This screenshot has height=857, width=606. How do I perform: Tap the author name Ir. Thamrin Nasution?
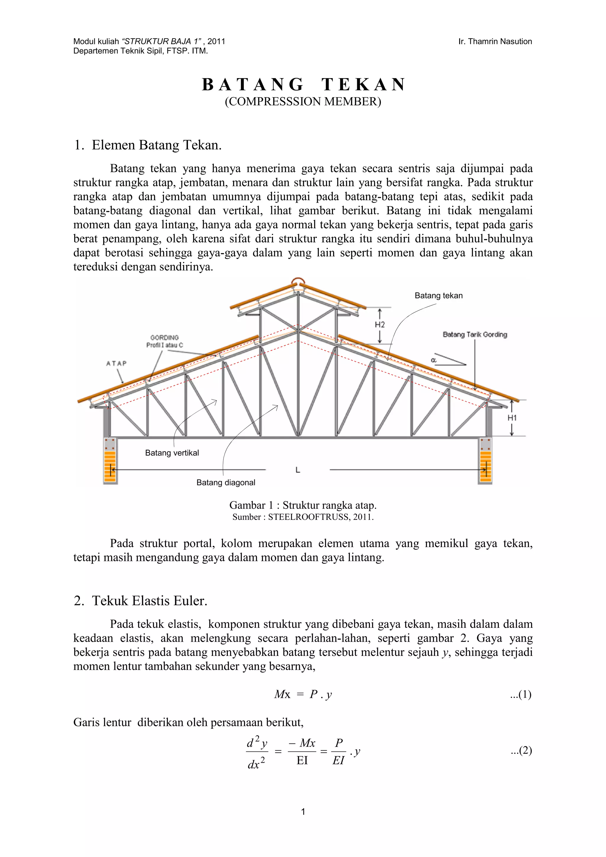495,41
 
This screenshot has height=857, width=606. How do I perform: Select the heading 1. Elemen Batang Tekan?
148,145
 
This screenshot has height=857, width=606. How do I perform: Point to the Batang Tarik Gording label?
475,334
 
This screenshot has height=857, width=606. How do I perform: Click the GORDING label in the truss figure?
164,337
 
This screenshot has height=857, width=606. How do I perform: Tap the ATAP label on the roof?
117,363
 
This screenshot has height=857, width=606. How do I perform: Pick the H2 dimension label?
379,325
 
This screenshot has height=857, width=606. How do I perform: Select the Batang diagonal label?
225,483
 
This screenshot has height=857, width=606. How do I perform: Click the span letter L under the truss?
298,470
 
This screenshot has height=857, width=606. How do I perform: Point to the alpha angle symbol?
433,360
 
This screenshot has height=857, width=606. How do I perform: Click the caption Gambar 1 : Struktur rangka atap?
303,505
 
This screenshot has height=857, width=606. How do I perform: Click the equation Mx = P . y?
303,694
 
